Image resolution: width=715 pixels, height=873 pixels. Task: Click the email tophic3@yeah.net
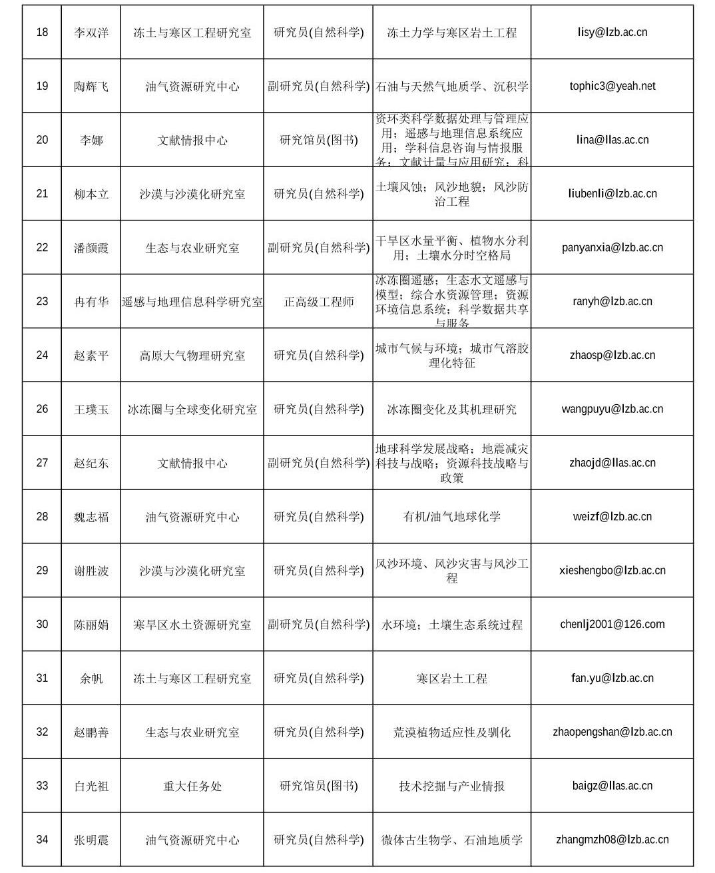tap(612, 86)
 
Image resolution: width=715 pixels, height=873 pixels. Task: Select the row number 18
tap(42, 32)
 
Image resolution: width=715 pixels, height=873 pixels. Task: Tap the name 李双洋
tap(91, 33)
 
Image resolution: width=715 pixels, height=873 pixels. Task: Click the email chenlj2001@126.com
tap(612, 624)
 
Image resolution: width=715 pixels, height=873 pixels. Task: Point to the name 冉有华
tap(91, 302)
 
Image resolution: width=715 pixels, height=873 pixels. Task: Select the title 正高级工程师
tap(319, 302)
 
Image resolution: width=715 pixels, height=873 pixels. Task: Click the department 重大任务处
tap(192, 786)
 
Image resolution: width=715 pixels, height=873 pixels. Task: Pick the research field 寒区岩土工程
tap(451, 679)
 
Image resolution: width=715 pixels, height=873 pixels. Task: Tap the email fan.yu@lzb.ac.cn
tap(612, 678)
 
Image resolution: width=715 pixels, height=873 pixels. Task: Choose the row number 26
tap(42, 409)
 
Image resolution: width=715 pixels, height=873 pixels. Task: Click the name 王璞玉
tap(91, 410)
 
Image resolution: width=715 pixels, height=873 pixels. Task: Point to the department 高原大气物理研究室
tap(192, 356)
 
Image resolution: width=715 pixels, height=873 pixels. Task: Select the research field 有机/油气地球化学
tap(451, 517)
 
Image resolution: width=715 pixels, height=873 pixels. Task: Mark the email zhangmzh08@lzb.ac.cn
tap(612, 840)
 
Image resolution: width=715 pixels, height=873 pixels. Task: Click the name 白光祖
tap(91, 786)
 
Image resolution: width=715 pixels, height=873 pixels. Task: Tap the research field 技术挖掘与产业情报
tap(451, 786)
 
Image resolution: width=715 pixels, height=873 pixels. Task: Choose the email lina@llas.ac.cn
tap(612, 140)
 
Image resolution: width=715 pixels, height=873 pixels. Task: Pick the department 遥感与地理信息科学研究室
tap(192, 302)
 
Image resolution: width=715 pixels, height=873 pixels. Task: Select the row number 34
tap(42, 840)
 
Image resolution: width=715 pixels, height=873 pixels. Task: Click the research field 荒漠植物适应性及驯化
tap(451, 732)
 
